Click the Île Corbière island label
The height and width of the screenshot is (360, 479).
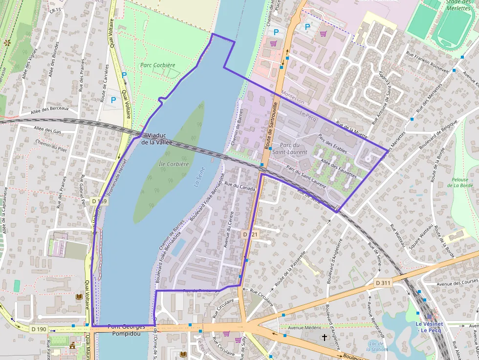[174, 164]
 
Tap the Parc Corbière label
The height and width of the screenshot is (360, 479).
[157, 65]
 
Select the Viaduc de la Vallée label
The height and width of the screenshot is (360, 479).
[157, 139]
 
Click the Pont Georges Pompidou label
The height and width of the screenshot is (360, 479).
[127, 330]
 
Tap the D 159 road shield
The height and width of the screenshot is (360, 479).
[99, 201]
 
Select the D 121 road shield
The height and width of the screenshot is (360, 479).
[250, 235]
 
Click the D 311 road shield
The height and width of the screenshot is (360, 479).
[384, 283]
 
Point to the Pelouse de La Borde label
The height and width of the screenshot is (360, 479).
[462, 183]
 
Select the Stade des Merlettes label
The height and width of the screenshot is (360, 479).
[458, 5]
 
